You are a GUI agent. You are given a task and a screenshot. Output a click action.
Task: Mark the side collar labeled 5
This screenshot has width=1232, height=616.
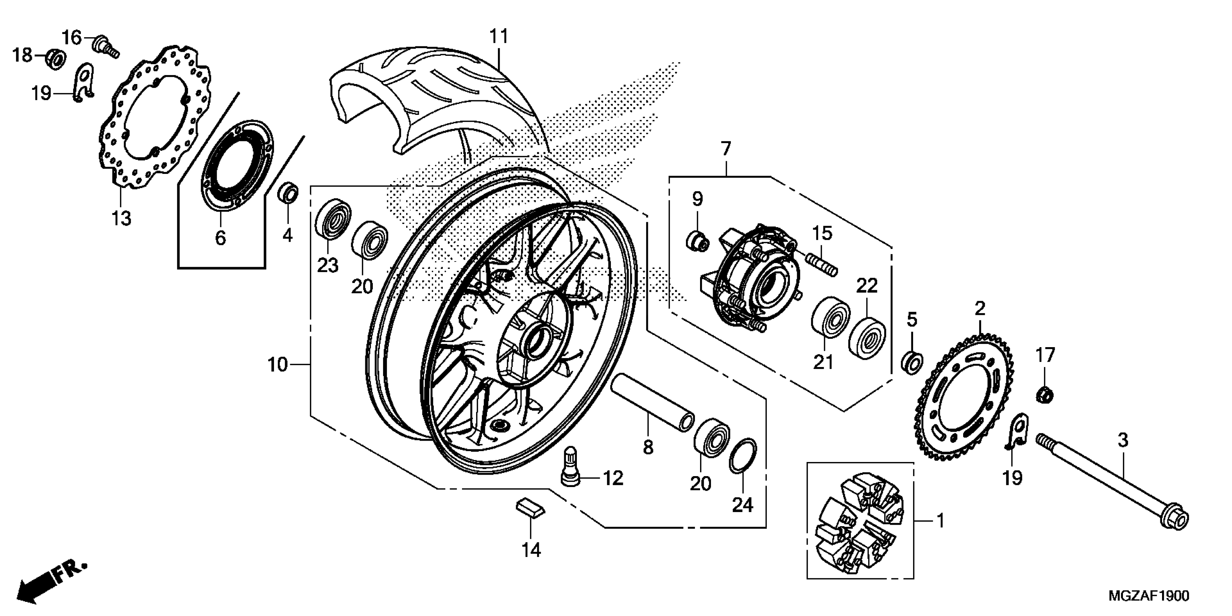pyautogui.click(x=912, y=362)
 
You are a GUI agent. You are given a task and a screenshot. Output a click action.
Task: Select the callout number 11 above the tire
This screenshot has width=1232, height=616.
pyautogui.click(x=498, y=36)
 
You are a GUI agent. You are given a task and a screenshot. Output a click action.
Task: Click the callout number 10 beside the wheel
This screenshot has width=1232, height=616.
pyautogui.click(x=278, y=365)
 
